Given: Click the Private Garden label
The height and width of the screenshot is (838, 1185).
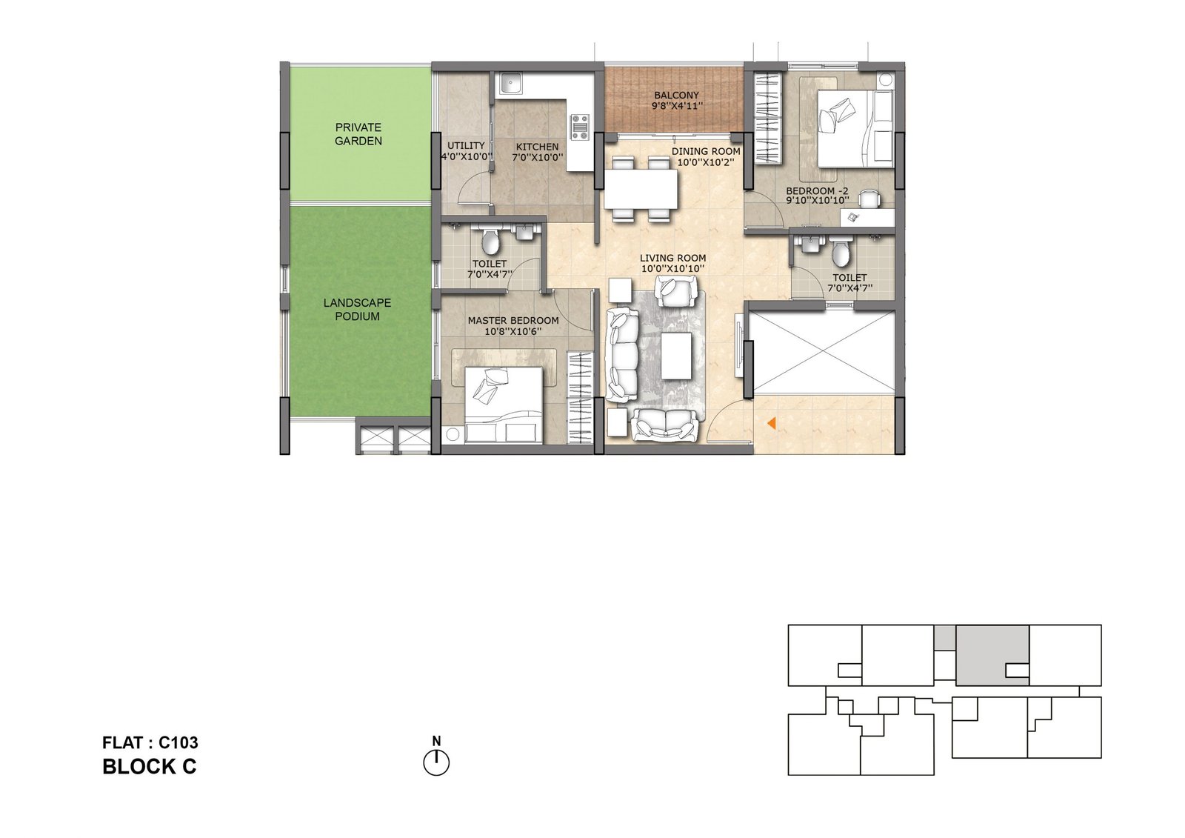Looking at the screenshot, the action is coord(358,134).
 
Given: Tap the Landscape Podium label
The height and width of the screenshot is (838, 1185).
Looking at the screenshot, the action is coord(358,310).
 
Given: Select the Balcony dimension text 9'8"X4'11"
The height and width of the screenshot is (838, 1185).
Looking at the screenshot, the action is coord(677,106).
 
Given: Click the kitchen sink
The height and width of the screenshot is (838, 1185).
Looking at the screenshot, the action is coord(509,84).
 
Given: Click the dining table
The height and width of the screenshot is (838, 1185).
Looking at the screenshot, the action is coord(641,189).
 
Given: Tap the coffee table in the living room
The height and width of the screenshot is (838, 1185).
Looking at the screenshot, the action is coord(676,356).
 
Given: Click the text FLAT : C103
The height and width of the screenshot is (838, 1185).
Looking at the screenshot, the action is coord(150,742).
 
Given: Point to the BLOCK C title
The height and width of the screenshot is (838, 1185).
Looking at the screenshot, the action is coord(149,767).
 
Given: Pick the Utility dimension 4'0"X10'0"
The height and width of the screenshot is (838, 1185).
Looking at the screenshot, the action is coord(467,156).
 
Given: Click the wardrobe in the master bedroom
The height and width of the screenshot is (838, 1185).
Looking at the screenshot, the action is coord(580,397).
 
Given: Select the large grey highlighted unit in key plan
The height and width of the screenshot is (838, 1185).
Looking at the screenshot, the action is coord(992,656).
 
